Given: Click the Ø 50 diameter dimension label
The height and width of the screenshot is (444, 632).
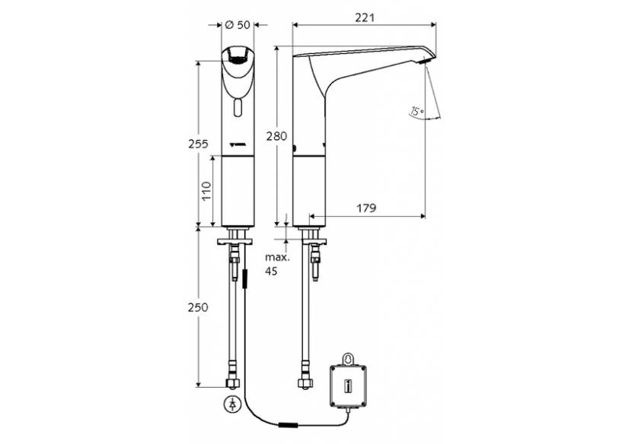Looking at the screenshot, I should (238, 25).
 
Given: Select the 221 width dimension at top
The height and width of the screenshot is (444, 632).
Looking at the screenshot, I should (365, 16).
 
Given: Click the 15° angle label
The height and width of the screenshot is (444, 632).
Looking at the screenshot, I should (416, 113).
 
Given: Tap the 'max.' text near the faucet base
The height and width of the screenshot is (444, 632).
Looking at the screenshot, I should (275, 258).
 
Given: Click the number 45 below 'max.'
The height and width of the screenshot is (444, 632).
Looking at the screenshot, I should (272, 271).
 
